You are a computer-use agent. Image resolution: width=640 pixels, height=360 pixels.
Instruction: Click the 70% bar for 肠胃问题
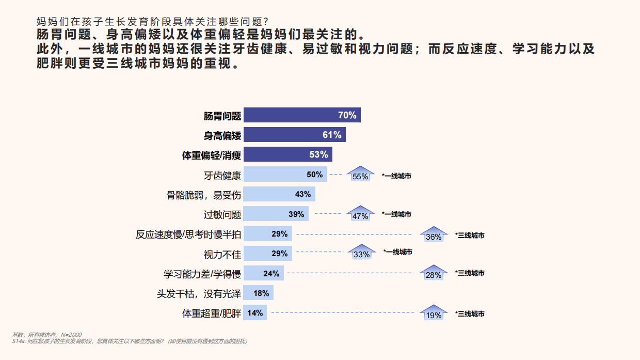[x=301, y=115]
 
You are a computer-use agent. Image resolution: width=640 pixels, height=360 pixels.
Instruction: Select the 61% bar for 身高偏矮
[x=294, y=135]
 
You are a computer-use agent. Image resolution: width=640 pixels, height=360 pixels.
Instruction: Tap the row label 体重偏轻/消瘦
[x=212, y=155]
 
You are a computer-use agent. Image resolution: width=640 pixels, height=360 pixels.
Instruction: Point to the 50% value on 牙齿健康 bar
[x=314, y=175]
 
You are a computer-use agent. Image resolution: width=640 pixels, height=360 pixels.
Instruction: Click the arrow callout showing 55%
[x=360, y=175]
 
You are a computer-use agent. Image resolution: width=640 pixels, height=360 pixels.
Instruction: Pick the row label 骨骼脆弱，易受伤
[x=203, y=195]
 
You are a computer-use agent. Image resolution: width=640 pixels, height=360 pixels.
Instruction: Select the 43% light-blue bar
[x=279, y=194]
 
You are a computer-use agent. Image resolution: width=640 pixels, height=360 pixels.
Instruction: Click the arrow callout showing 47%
[x=360, y=214]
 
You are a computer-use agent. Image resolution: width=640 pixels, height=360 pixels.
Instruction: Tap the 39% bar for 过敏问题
[x=276, y=214]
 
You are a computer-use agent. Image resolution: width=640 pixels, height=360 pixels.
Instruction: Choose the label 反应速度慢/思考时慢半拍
[x=188, y=234]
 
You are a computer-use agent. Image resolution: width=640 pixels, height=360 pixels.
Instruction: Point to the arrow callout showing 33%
[x=362, y=253]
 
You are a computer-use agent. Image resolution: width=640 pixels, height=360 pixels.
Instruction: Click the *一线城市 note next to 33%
[x=398, y=252]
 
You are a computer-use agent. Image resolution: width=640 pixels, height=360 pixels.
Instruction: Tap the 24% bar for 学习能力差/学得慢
[x=264, y=274]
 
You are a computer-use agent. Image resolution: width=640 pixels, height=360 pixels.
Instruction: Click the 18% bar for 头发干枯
[x=258, y=293]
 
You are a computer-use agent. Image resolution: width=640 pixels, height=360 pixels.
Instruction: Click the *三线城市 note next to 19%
[x=470, y=314]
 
